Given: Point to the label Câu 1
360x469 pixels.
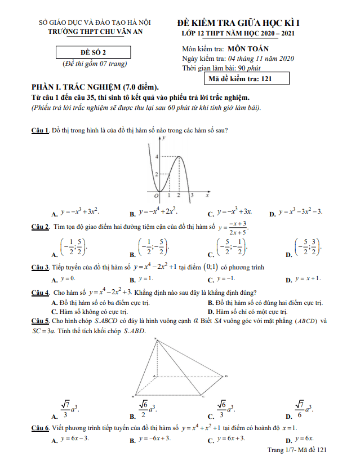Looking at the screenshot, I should pyautogui.click(x=40, y=130).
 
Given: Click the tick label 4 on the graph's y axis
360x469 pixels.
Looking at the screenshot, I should pyautogui.click(x=157, y=156).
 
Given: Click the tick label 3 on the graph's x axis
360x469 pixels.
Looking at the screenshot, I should pyautogui.click(x=192, y=195).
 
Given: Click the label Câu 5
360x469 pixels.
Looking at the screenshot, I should pyautogui.click(x=40, y=321).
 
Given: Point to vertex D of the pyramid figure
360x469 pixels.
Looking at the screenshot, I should pyautogui.click(x=227, y=376).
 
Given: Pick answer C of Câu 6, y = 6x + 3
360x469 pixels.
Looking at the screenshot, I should pyautogui.click(x=229, y=439).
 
